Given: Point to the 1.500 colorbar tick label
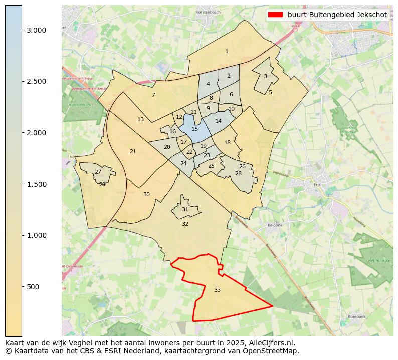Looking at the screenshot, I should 37,184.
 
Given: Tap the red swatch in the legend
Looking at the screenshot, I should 275,15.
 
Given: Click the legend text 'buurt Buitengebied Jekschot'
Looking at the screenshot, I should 337,15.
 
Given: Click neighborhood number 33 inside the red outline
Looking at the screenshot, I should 217,290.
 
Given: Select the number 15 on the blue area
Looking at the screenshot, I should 194,129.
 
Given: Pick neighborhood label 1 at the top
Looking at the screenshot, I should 227,51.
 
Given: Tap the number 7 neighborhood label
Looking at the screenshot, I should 153,95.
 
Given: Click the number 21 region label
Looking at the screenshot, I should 133,151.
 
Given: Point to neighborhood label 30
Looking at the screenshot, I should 146,194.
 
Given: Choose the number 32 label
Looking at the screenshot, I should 185,224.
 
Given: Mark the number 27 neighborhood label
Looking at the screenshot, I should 98,172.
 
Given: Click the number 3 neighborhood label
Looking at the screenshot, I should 265,76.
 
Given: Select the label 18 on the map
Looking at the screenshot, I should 227,142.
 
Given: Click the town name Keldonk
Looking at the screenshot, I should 275,225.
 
